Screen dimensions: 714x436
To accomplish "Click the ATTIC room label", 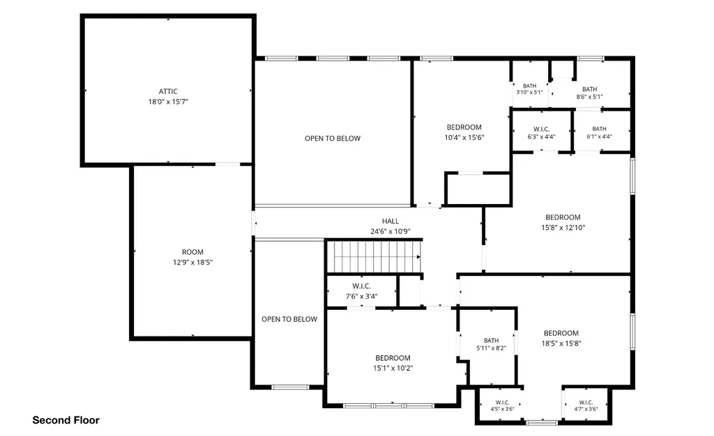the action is click(x=168, y=91).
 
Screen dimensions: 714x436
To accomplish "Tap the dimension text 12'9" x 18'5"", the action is click(x=192, y=263).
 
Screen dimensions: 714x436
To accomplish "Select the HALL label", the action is click(x=390, y=221).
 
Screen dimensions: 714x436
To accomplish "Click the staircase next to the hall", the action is click(x=374, y=257).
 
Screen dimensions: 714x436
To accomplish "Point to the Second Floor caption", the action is click(x=66, y=420).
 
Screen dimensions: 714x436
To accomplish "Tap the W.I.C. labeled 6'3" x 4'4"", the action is click(x=541, y=133).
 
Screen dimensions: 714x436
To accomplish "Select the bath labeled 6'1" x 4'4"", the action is click(x=599, y=132).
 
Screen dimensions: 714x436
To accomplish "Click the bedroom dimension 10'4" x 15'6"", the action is click(x=464, y=137).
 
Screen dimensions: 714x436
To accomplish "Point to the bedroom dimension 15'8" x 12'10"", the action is click(x=563, y=228).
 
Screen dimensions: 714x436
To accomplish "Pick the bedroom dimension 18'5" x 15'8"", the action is click(x=561, y=343).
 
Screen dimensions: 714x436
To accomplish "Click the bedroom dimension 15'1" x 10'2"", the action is click(x=393, y=368).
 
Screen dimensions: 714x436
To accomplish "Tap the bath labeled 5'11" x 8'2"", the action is click(x=492, y=344).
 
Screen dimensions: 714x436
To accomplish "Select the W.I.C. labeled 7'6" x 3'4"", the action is click(x=362, y=291).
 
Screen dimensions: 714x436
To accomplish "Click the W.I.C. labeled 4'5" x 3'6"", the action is click(x=502, y=405).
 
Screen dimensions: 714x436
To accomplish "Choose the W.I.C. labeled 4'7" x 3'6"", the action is click(x=586, y=405).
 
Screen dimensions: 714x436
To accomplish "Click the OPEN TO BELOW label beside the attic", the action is click(x=333, y=138).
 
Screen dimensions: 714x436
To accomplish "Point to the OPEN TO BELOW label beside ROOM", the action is click(x=289, y=319).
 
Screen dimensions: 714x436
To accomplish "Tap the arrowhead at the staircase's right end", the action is click(x=418, y=257).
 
